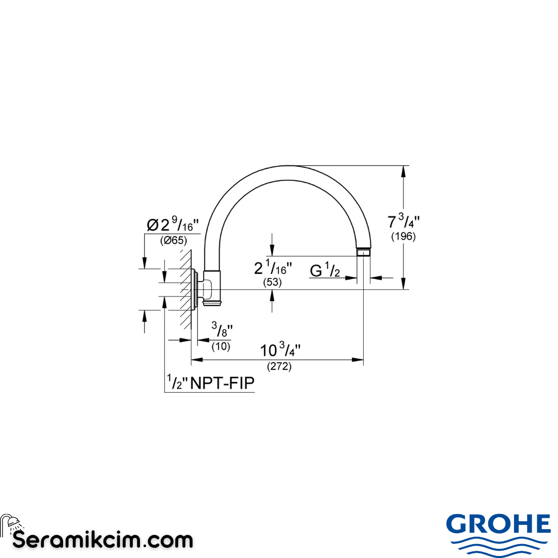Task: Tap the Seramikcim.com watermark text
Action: pos(102,540)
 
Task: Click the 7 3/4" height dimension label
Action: pos(404,222)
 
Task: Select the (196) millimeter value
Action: pos(404,237)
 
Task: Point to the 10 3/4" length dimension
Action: pos(280,350)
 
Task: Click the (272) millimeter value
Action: pos(280,367)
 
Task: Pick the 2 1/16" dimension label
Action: pos(273,269)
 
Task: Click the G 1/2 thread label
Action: pos(325,270)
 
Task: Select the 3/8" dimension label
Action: pos(222,329)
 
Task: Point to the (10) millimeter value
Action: pos(221,346)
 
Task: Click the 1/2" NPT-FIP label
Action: pos(211,383)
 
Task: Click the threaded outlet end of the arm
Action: pos(364,253)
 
